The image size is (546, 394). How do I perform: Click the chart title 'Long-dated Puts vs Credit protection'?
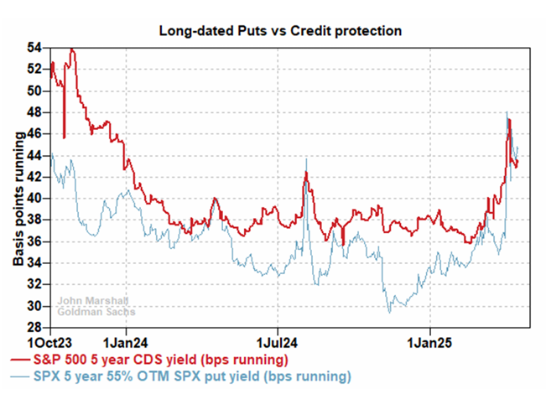pos(282,31)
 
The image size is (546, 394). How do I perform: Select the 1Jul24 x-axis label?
pos(279,342)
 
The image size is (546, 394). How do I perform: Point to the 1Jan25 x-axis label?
pos(433,342)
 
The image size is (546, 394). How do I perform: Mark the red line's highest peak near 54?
pos(72,49)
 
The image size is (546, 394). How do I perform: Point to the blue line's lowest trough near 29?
pos(389,313)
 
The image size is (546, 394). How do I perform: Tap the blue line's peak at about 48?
pos(507,112)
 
